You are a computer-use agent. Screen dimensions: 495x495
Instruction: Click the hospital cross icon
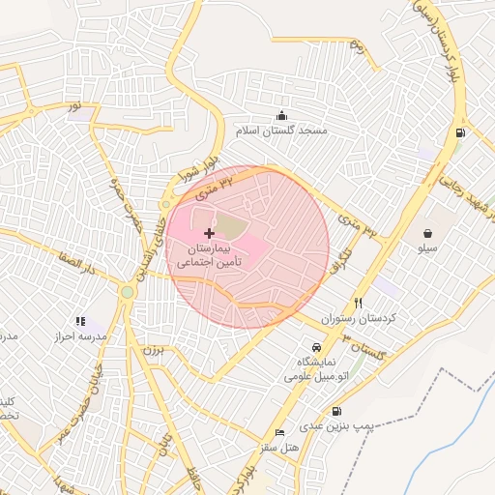pyautogui.click(x=209, y=233)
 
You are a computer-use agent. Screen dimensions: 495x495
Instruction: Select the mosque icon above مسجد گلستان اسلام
pyautogui.click(x=281, y=115)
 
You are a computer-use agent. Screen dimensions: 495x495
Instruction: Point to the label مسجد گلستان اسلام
pyautogui.click(x=282, y=130)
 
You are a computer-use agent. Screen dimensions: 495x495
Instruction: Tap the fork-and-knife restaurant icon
pyautogui.click(x=359, y=303)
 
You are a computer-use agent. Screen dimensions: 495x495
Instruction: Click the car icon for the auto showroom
pyautogui.click(x=316, y=347)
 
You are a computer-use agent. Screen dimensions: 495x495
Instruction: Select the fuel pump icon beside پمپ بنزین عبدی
pyautogui.click(x=337, y=410)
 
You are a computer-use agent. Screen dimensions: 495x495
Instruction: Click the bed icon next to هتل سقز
pyautogui.click(x=280, y=432)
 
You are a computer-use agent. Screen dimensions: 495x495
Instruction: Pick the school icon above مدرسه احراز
pyautogui.click(x=80, y=321)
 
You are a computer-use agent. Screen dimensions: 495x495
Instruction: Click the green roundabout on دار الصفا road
pyautogui.click(x=128, y=292)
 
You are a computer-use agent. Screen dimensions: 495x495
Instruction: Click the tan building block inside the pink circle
pyautogui.click(x=230, y=226)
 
